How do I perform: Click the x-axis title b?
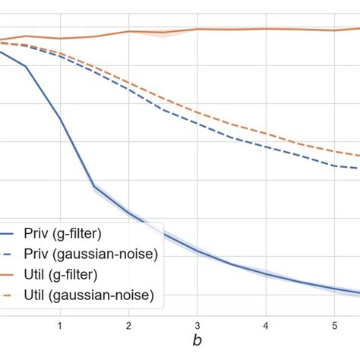point(197,343)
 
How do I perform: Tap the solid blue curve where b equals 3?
point(197,251)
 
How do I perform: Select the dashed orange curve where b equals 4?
point(266,134)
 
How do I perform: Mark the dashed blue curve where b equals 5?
point(335,165)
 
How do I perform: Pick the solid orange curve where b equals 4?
point(266,29)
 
